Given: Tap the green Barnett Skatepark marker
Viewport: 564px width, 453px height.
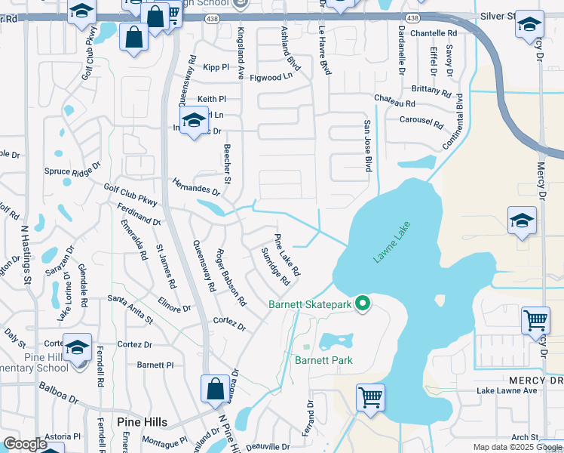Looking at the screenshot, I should [363, 304].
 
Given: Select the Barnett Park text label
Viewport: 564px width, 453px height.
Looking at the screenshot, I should [323, 360].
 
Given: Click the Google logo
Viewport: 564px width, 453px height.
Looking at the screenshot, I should [25, 443].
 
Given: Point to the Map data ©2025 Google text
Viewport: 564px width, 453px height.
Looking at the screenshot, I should [516, 447].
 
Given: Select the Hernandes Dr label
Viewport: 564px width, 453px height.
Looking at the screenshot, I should [195, 186].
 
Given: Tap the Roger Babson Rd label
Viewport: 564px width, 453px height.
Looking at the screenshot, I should [231, 276].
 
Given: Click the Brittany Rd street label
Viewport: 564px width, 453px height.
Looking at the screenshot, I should [432, 88].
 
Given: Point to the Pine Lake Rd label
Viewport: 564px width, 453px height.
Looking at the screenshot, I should [287, 254].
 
